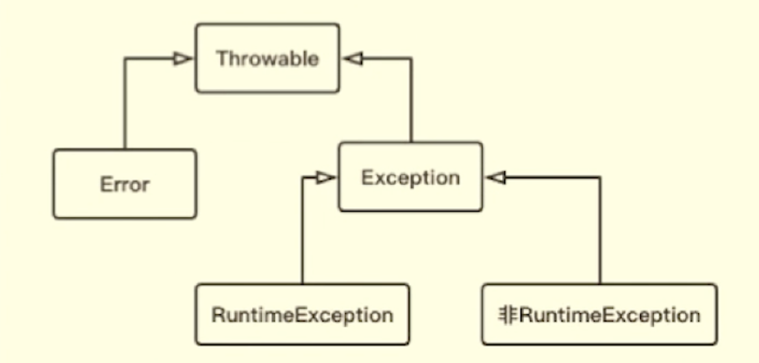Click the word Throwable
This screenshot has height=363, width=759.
(267, 58)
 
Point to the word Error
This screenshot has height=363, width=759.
(124, 184)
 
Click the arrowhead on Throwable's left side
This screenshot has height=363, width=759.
(182, 59)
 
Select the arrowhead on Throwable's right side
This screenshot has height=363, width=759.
(353, 59)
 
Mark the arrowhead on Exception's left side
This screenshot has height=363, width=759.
(325, 178)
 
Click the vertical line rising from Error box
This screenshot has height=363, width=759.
(125, 103)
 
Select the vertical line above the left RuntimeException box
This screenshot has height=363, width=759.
(302, 233)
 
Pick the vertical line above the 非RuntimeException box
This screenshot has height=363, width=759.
(600, 233)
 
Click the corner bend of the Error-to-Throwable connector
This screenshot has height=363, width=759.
(125, 60)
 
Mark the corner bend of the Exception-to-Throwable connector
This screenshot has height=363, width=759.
(411, 60)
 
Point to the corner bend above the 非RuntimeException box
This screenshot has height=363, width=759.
(600, 178)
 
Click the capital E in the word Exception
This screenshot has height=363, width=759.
(366, 177)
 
